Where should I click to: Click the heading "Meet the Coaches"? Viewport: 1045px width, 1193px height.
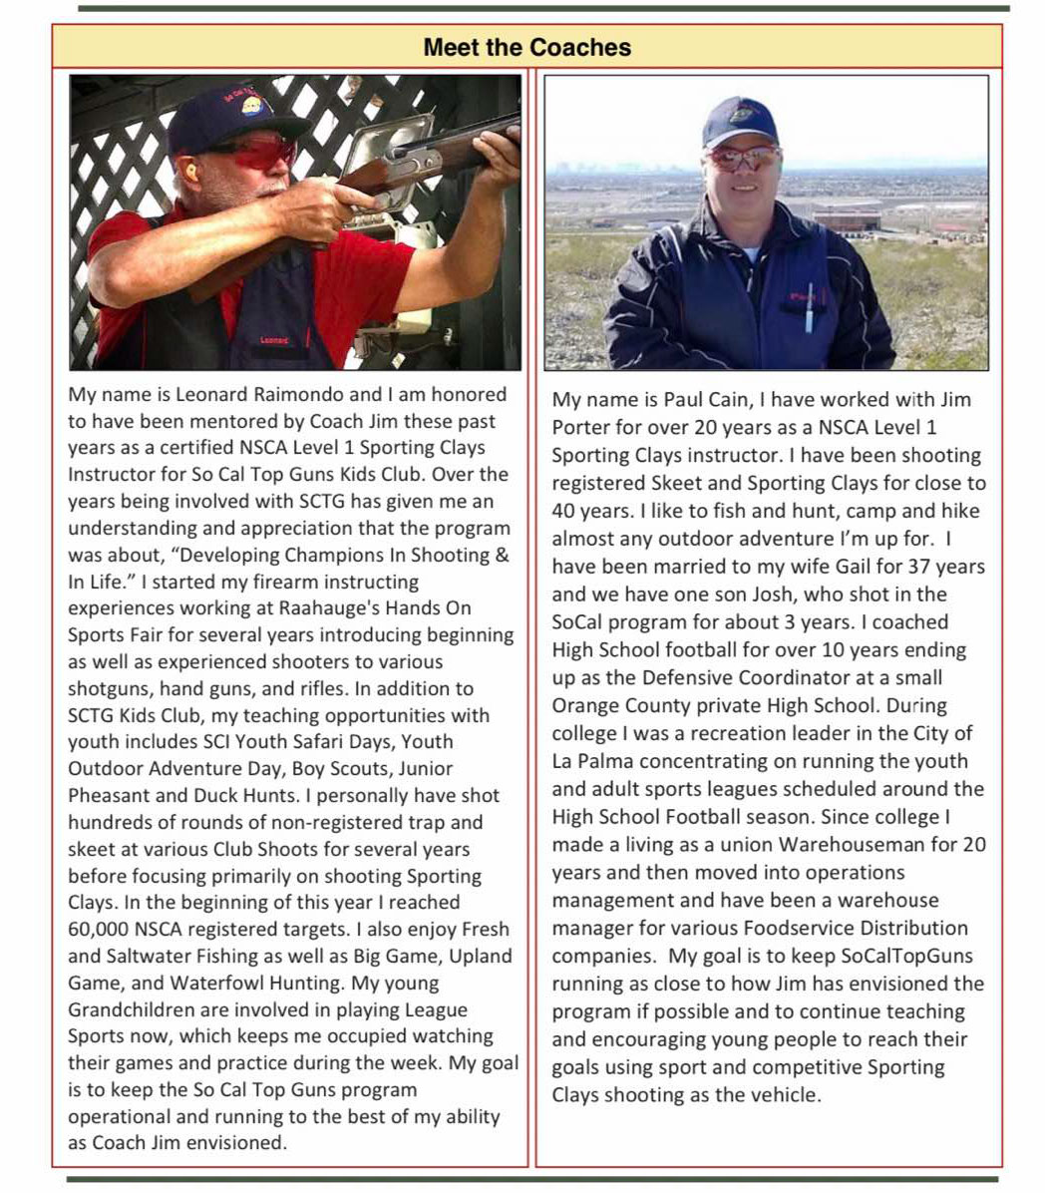[526, 47]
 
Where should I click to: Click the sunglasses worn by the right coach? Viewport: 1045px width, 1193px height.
[743, 158]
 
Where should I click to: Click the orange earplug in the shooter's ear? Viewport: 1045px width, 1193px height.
[190, 172]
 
